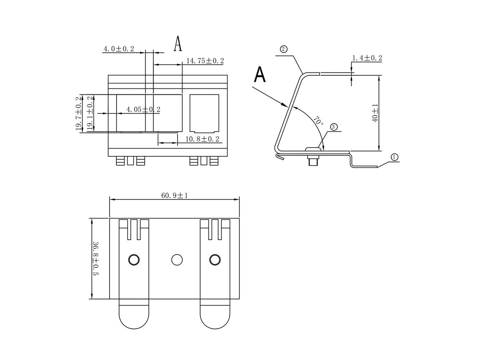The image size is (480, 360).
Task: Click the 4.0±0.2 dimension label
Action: pyautogui.click(x=119, y=49)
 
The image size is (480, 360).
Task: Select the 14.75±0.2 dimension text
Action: pyautogui.click(x=205, y=61)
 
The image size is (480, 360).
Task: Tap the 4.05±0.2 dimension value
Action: pyautogui.click(x=143, y=109)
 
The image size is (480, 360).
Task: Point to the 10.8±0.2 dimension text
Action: pyautogui.click(x=203, y=139)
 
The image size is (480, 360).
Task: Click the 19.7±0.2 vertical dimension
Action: pyautogui.click(x=78, y=113)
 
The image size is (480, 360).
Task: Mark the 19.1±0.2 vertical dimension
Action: pyautogui.click(x=90, y=113)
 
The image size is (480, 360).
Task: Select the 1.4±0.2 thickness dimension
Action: pyautogui.click(x=367, y=58)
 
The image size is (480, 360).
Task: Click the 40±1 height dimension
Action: pyautogui.click(x=375, y=113)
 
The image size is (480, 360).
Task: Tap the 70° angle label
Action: pyautogui.click(x=318, y=121)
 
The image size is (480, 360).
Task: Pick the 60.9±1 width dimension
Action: pyautogui.click(x=174, y=195)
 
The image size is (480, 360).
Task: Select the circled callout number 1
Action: pyautogui.click(x=394, y=157)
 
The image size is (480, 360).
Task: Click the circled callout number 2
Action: pyautogui.click(x=283, y=49)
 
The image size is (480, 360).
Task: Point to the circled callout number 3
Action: pyautogui.click(x=334, y=127)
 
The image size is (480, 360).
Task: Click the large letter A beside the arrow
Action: pyautogui.click(x=260, y=74)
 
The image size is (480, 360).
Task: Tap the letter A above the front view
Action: pyautogui.click(x=178, y=44)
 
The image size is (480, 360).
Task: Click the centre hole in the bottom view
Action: pyautogui.click(x=176, y=260)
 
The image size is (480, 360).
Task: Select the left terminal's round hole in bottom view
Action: pyautogui.click(x=134, y=260)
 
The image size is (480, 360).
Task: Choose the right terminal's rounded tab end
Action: pyautogui.click(x=215, y=316)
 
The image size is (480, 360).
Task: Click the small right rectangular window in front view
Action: pyautogui.click(x=204, y=113)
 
